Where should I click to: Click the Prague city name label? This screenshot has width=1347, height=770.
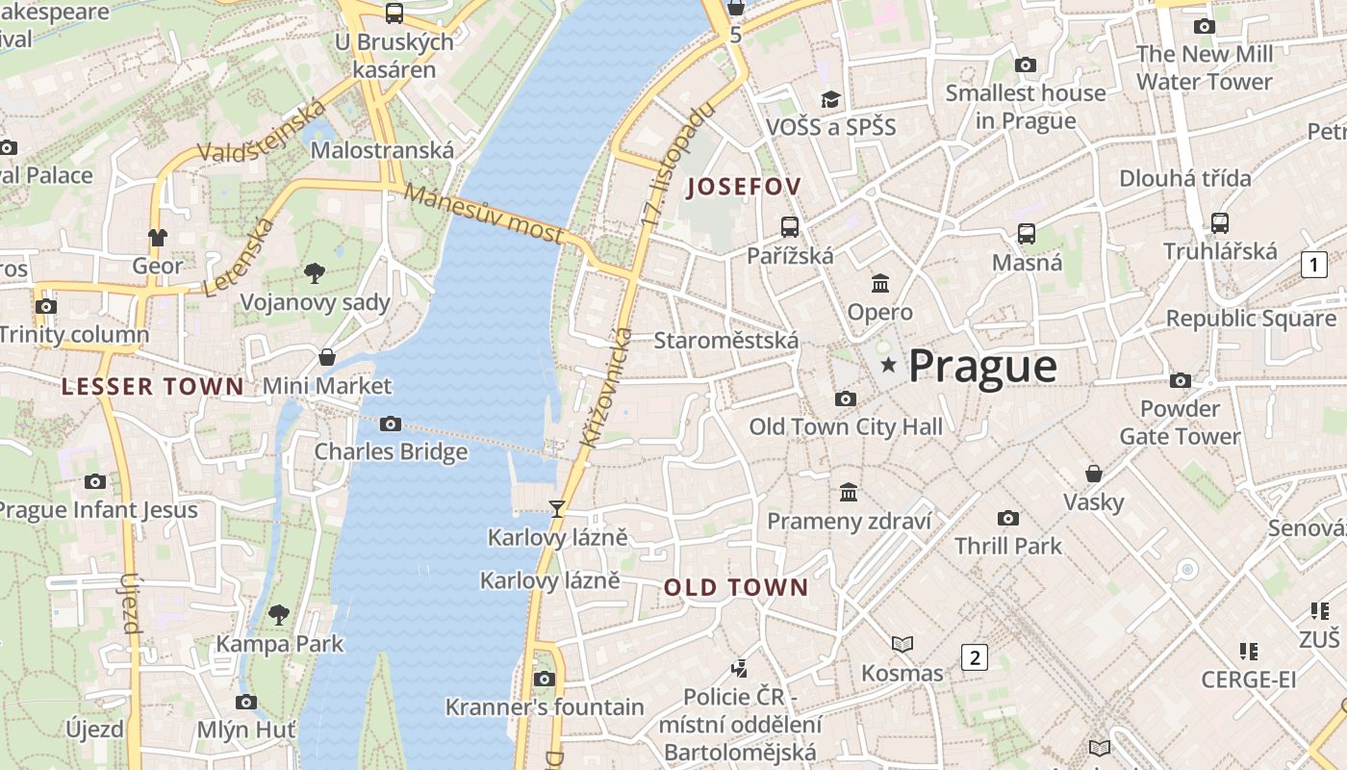coord(982,367)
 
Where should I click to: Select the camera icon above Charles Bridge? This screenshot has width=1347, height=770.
coord(390,423)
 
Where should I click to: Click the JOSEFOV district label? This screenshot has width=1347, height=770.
coord(744,187)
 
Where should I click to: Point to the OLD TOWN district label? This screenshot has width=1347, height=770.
coord(736,587)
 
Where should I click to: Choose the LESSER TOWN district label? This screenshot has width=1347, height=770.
coord(152,387)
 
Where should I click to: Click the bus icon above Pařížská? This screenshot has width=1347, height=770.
coord(790,227)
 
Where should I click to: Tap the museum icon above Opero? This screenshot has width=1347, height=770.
coord(880,284)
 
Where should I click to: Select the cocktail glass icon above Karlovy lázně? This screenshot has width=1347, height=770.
coord(556,509)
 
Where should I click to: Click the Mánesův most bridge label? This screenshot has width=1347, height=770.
coord(483,214)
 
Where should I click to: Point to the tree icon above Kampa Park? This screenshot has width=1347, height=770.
coord(279,614)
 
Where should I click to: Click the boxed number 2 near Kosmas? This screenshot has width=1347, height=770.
coord(975,658)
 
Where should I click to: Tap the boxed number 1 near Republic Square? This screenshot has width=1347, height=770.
coord(1313,265)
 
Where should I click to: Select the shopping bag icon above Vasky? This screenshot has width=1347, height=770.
coord(1094,474)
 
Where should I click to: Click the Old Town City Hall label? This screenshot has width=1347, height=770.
coord(846,426)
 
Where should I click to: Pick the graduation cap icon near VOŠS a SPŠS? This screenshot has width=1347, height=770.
coord(830,99)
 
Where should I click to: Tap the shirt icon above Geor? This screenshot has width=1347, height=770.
coord(158,237)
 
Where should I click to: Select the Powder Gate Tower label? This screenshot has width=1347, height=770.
coord(1180,423)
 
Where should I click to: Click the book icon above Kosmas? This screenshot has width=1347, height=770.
coord(902,644)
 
